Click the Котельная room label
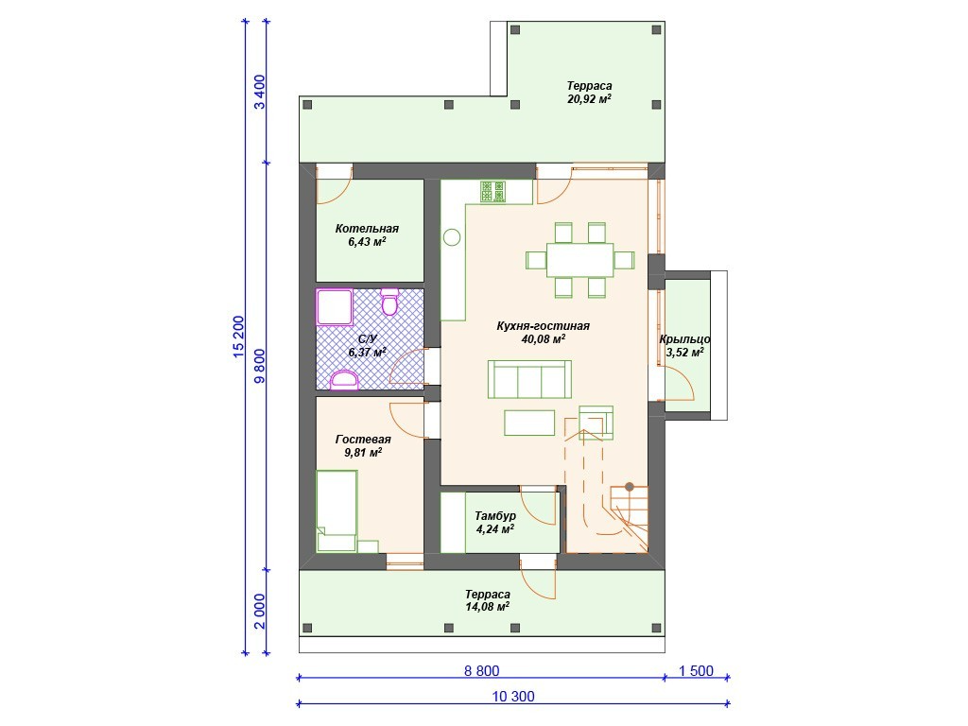tap(367, 229)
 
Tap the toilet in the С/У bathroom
tap(389, 302)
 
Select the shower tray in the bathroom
tap(335, 306)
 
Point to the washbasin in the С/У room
tap(344, 380)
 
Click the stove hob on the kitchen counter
tap(493, 191)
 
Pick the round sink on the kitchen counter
tap(452, 237)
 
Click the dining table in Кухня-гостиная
tap(579, 260)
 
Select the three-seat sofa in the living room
tap(529, 380)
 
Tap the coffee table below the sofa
tap(529, 423)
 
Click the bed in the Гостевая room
tap(337, 510)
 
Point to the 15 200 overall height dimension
tap(238, 337)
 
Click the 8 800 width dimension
tap(481, 670)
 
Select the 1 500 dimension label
tap(696, 670)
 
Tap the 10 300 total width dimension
tap(513, 697)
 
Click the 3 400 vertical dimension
tap(260, 92)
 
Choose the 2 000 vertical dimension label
tap(260, 612)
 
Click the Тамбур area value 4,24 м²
tap(495, 529)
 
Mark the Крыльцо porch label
tap(684, 339)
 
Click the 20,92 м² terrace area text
tap(590, 98)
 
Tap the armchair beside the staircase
tap(596, 423)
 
